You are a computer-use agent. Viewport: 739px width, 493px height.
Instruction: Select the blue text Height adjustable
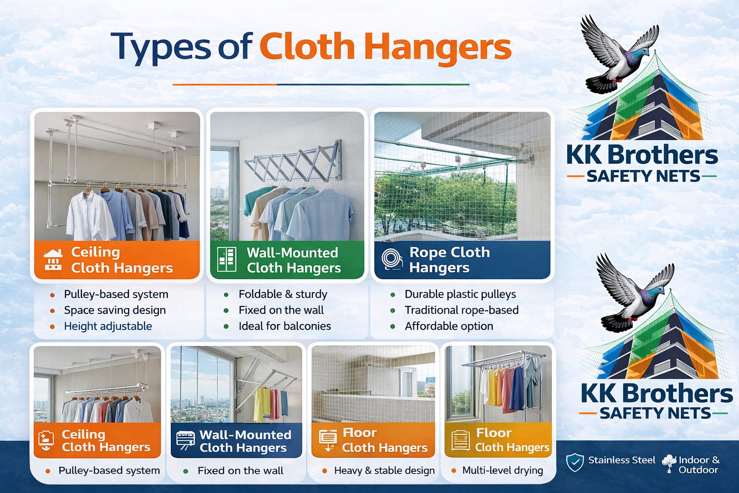pos(108,326)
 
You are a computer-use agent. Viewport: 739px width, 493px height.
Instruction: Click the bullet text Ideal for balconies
pos(284,326)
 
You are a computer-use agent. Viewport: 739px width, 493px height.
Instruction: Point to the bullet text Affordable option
pos(448,326)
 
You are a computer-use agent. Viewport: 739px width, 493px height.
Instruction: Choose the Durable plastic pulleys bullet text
pos(460,294)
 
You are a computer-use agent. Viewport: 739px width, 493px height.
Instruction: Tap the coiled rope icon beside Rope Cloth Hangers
pos(392,259)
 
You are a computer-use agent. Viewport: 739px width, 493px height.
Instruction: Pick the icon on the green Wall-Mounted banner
pos(227,259)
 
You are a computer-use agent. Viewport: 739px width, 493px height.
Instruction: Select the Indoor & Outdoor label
pos(699,465)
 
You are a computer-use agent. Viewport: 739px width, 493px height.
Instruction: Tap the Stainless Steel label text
pos(622,460)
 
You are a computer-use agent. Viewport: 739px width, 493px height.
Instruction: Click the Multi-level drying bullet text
pos(502,470)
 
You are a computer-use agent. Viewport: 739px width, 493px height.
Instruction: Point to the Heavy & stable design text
pos(384,470)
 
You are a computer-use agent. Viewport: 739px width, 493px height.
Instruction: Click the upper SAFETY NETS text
pos(643,177)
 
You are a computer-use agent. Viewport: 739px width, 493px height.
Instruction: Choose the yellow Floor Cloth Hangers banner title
pos(512,440)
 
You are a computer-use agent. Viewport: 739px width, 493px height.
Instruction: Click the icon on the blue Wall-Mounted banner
pos(186,440)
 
